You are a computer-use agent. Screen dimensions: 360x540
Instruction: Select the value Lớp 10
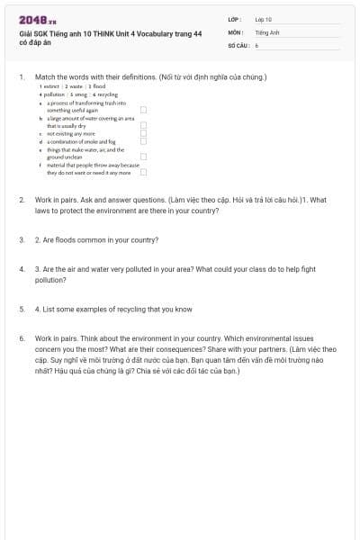(263, 19)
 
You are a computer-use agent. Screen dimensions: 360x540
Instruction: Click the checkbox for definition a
(143, 110)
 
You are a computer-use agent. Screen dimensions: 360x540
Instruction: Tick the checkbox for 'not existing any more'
(143, 133)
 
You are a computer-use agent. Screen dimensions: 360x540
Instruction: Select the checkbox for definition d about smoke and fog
(143, 141)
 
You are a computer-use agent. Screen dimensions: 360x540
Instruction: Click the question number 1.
(21, 77)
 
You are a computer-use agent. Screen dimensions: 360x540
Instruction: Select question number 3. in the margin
(21, 240)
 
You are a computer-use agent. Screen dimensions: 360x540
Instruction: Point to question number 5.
(21, 309)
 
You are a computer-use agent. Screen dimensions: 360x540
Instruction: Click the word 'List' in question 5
(47, 309)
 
